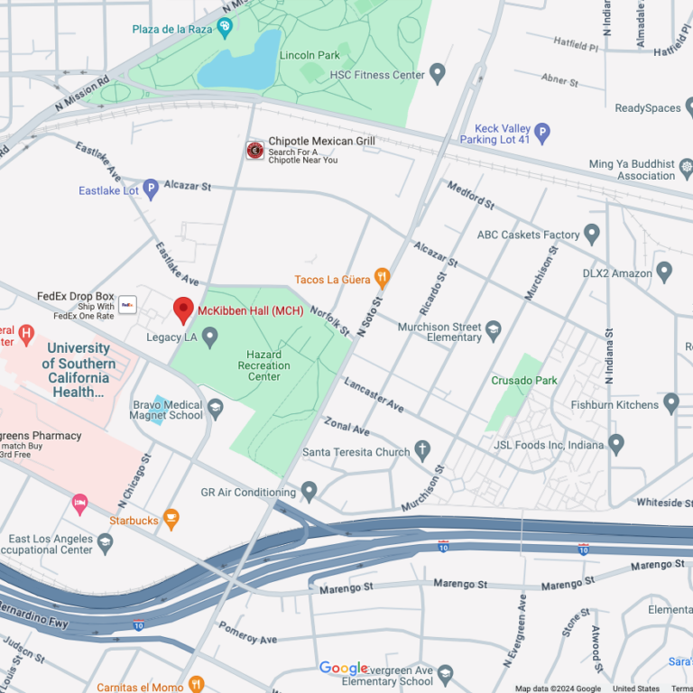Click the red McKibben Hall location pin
pos(184,310)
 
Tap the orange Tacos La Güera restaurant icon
pos(383,279)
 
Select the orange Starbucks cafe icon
pos(171,520)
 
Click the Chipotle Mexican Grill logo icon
pos(255,150)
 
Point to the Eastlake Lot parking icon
pos(151,189)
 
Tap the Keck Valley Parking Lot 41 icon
pos(542,134)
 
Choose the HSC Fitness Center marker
pos(438,73)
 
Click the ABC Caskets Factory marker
pos(592,236)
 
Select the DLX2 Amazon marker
pos(664,272)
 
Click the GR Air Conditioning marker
pos(309,492)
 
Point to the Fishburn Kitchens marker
pos(670,403)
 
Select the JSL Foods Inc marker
pos(616,444)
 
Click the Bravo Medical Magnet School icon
pos(216,410)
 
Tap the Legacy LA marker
pos(210,337)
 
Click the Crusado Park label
pos(524,381)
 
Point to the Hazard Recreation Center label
pos(264,365)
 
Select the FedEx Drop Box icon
pos(127,304)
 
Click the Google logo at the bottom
pos(344,669)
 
